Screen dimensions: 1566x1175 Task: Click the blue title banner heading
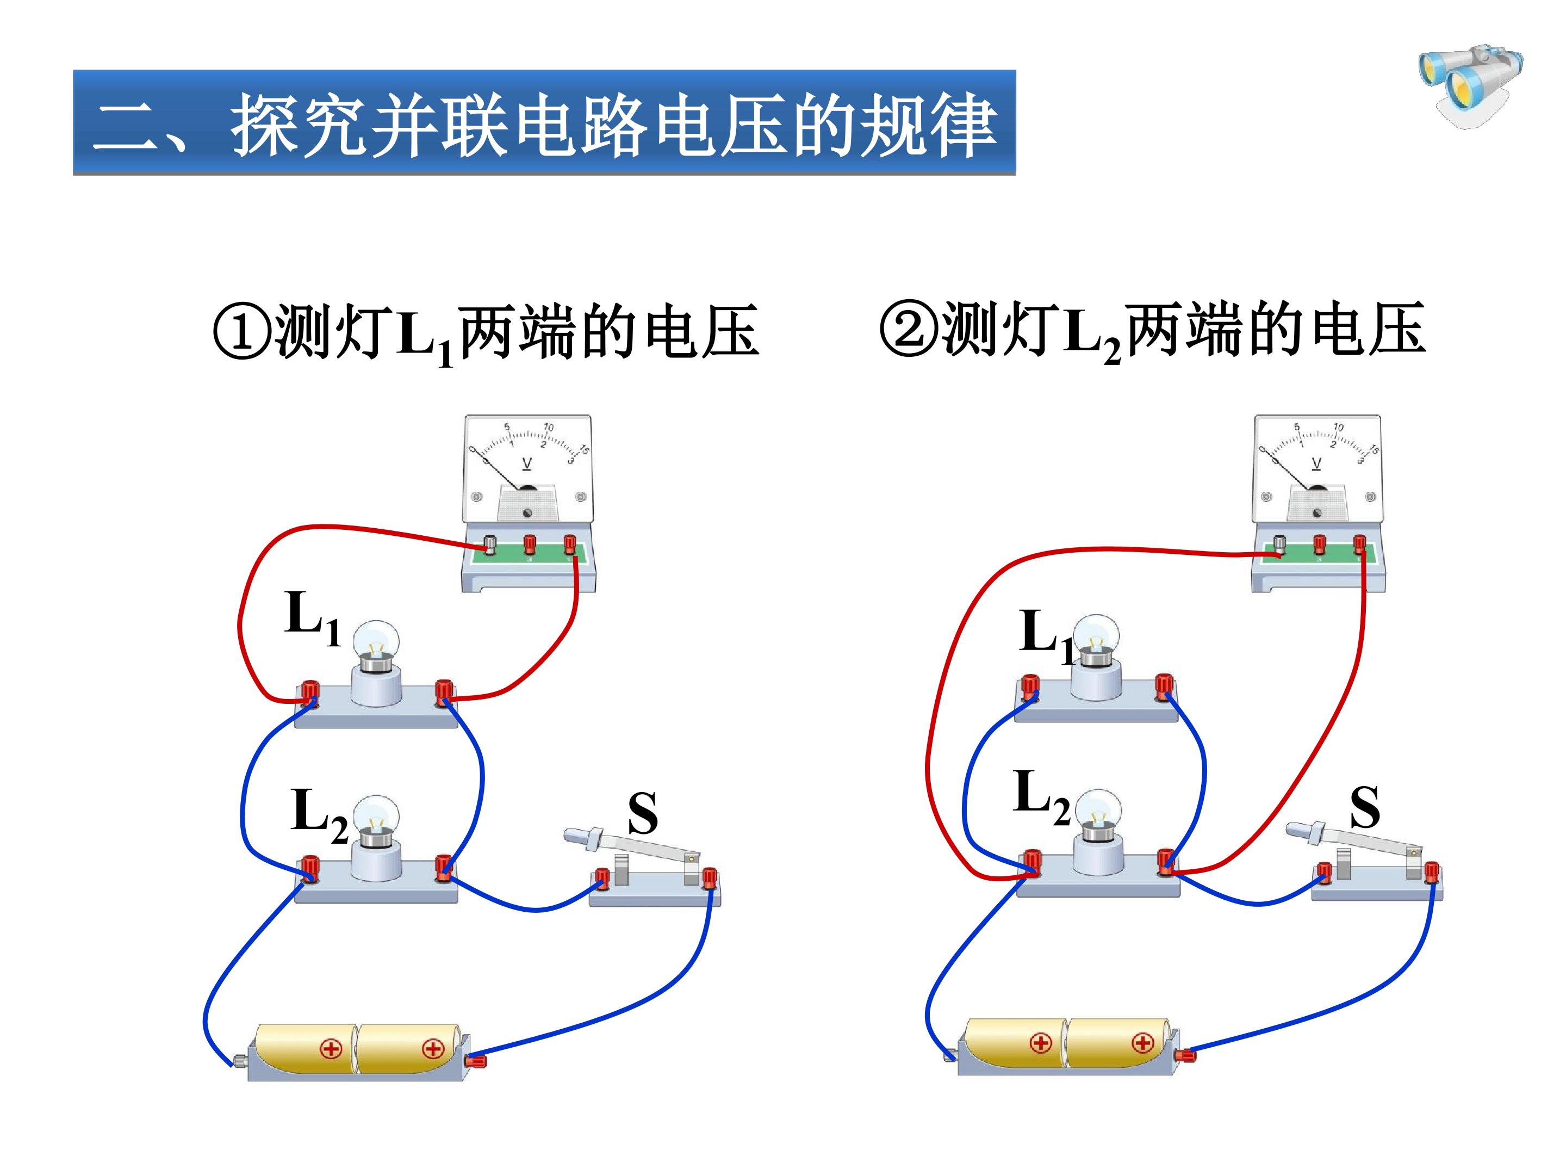pos(544,122)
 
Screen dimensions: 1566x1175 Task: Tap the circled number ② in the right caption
pos(909,328)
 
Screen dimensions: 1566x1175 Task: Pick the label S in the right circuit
pos(1364,807)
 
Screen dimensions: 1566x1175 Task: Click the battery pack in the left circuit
pos(358,1052)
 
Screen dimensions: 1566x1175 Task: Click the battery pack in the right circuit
pos(1069,1047)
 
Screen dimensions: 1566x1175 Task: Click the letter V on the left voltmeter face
pos(527,464)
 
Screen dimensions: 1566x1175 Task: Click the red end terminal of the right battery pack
pos(1184,1056)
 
